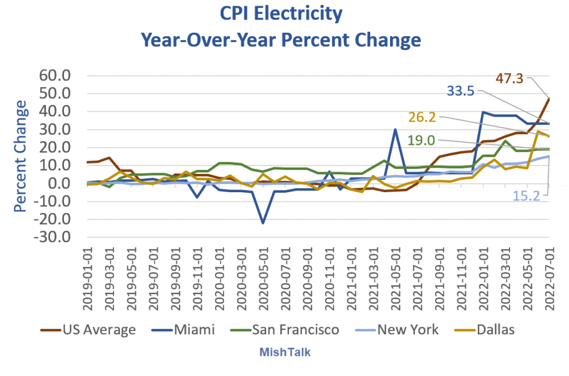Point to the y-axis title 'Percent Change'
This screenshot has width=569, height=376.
click(19, 156)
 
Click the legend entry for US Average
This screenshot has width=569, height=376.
click(89, 330)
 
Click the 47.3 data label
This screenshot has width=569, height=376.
click(510, 78)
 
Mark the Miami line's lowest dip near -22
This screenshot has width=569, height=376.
click(262, 223)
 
